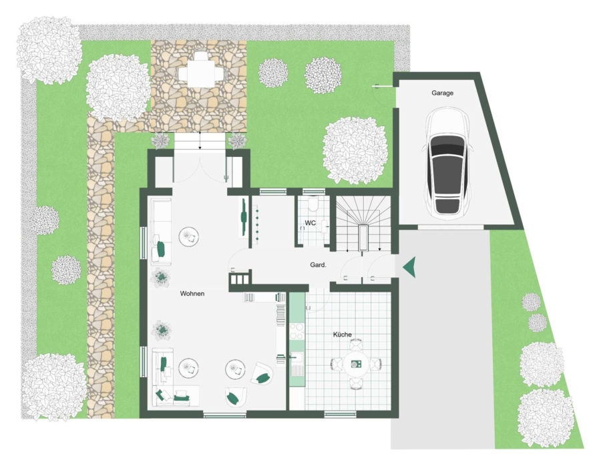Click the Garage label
[x=442, y=93]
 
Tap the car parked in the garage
[x=447, y=162]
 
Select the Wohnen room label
[x=192, y=294]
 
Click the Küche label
[x=343, y=334]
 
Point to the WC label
[x=310, y=223]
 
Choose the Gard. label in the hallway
[x=318, y=265]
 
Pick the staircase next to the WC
[x=363, y=224]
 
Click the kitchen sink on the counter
[x=297, y=358]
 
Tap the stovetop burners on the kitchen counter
[x=296, y=332]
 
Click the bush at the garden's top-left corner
[x=48, y=50]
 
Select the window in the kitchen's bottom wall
[x=340, y=415]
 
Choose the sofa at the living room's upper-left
[x=161, y=232]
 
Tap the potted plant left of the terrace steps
[x=160, y=140]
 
